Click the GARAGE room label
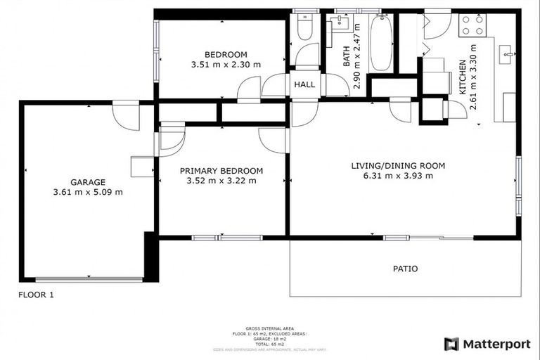point(87,181)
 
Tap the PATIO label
point(404,269)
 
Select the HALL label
point(304,84)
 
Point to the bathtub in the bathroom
point(380,44)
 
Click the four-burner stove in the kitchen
point(471,26)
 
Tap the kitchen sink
point(506,53)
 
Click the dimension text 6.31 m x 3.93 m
point(398,176)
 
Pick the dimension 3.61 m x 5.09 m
point(87,192)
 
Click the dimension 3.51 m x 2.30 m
point(226,65)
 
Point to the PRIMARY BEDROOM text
point(221,171)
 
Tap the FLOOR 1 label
point(36,295)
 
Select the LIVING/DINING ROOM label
point(398,166)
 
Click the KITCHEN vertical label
point(463,78)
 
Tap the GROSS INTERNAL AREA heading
point(270,328)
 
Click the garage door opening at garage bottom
point(87,278)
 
